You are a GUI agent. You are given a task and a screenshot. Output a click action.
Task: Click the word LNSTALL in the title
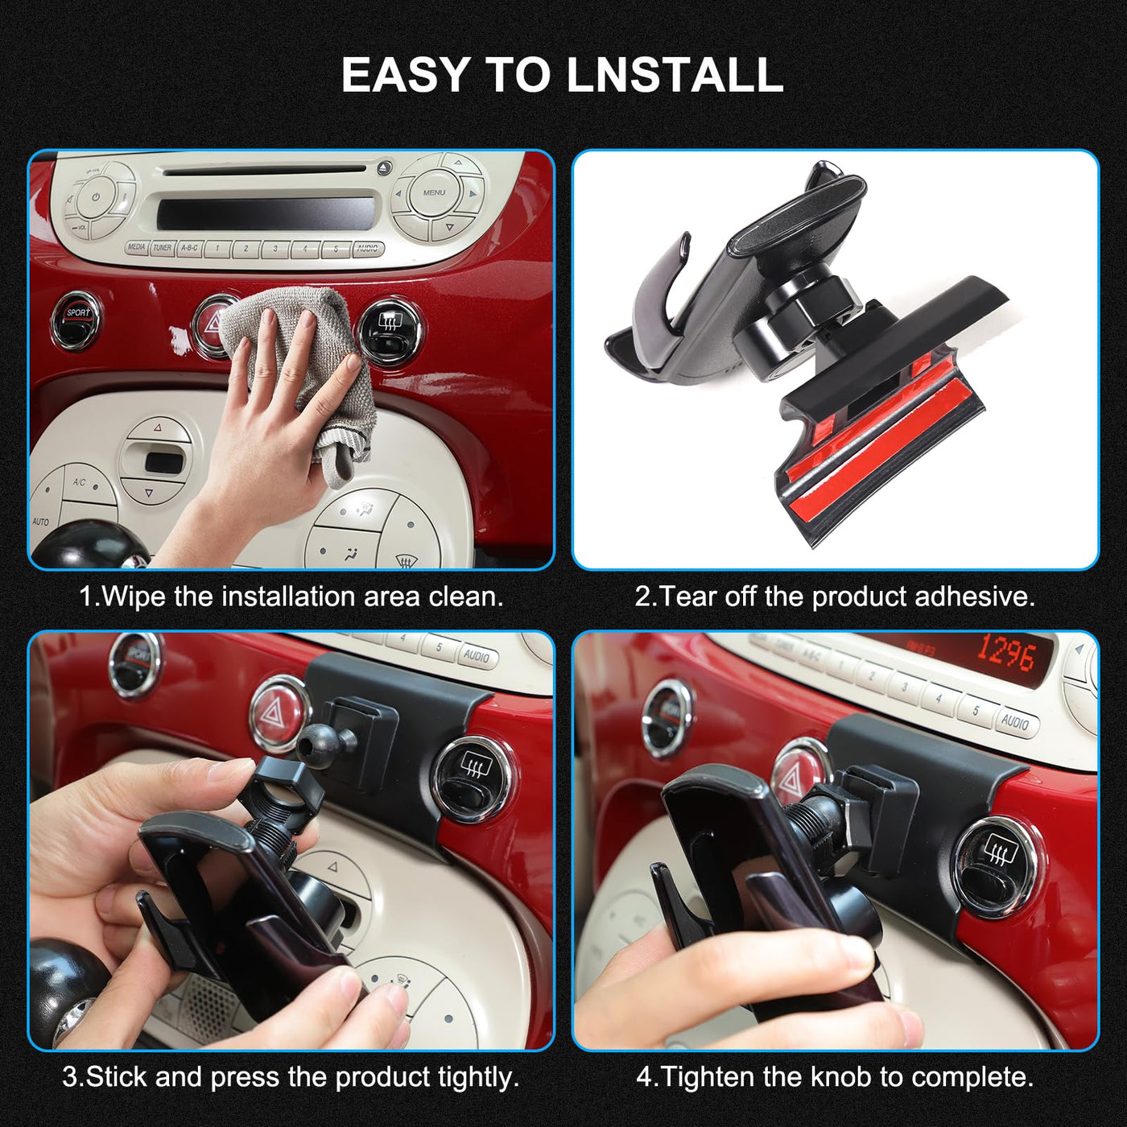(x=676, y=74)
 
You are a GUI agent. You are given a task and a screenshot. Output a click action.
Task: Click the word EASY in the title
(x=405, y=74)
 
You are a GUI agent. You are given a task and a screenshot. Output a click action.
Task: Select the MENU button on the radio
(x=434, y=192)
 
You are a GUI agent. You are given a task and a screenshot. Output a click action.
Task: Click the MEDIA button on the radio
(x=136, y=247)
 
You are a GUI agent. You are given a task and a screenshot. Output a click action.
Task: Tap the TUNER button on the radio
(x=163, y=248)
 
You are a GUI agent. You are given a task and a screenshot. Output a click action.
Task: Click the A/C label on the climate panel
(x=80, y=482)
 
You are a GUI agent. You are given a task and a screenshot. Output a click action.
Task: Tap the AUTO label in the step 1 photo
(x=41, y=521)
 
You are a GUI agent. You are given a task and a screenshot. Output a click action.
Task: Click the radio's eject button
(x=383, y=168)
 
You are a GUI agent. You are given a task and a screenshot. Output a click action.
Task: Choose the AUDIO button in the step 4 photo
(x=1015, y=722)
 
